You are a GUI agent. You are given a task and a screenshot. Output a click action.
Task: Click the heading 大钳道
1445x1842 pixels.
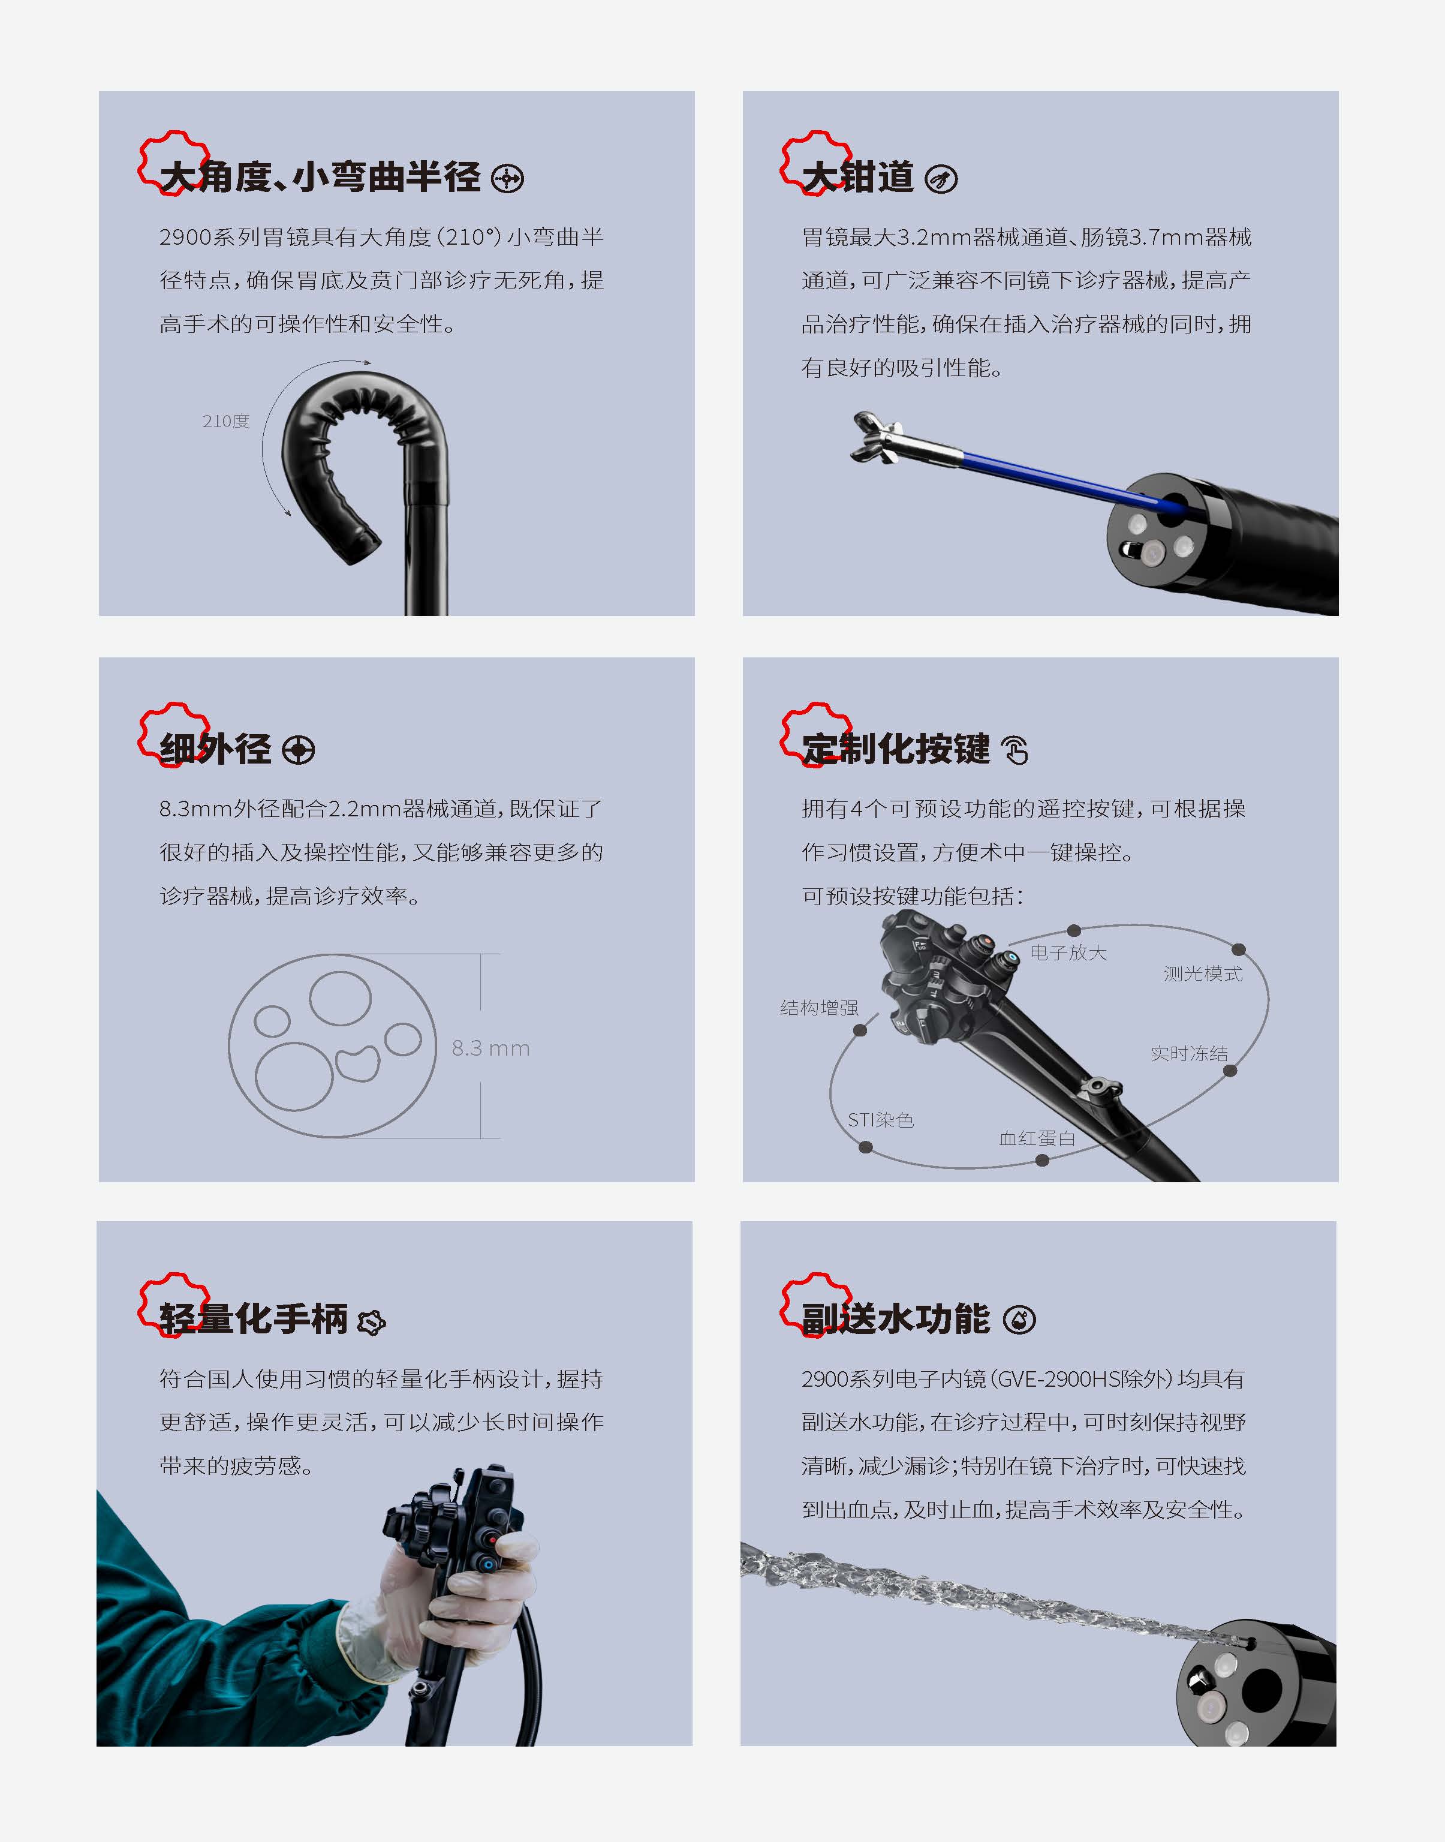tap(858, 178)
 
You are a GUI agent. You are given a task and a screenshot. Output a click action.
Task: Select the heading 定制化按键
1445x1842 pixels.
tap(895, 749)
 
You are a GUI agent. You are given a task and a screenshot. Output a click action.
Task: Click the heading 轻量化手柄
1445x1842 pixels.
tap(253, 1319)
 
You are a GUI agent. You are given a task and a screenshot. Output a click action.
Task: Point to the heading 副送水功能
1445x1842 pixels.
tap(895, 1319)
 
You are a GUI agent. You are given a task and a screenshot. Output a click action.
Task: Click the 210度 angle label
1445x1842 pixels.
tap(226, 422)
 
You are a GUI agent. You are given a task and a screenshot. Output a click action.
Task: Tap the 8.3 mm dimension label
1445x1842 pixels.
tap(490, 1048)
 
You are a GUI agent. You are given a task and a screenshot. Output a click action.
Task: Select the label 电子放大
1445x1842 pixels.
tap(1068, 952)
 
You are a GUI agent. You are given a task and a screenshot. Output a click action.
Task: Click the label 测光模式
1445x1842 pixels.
tap(1203, 974)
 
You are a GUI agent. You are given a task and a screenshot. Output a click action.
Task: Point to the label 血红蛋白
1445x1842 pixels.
tap(1037, 1138)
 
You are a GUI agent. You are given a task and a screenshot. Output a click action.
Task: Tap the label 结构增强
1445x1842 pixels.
tap(819, 1008)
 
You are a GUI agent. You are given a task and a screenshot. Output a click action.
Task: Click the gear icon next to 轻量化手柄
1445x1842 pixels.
tap(371, 1321)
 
